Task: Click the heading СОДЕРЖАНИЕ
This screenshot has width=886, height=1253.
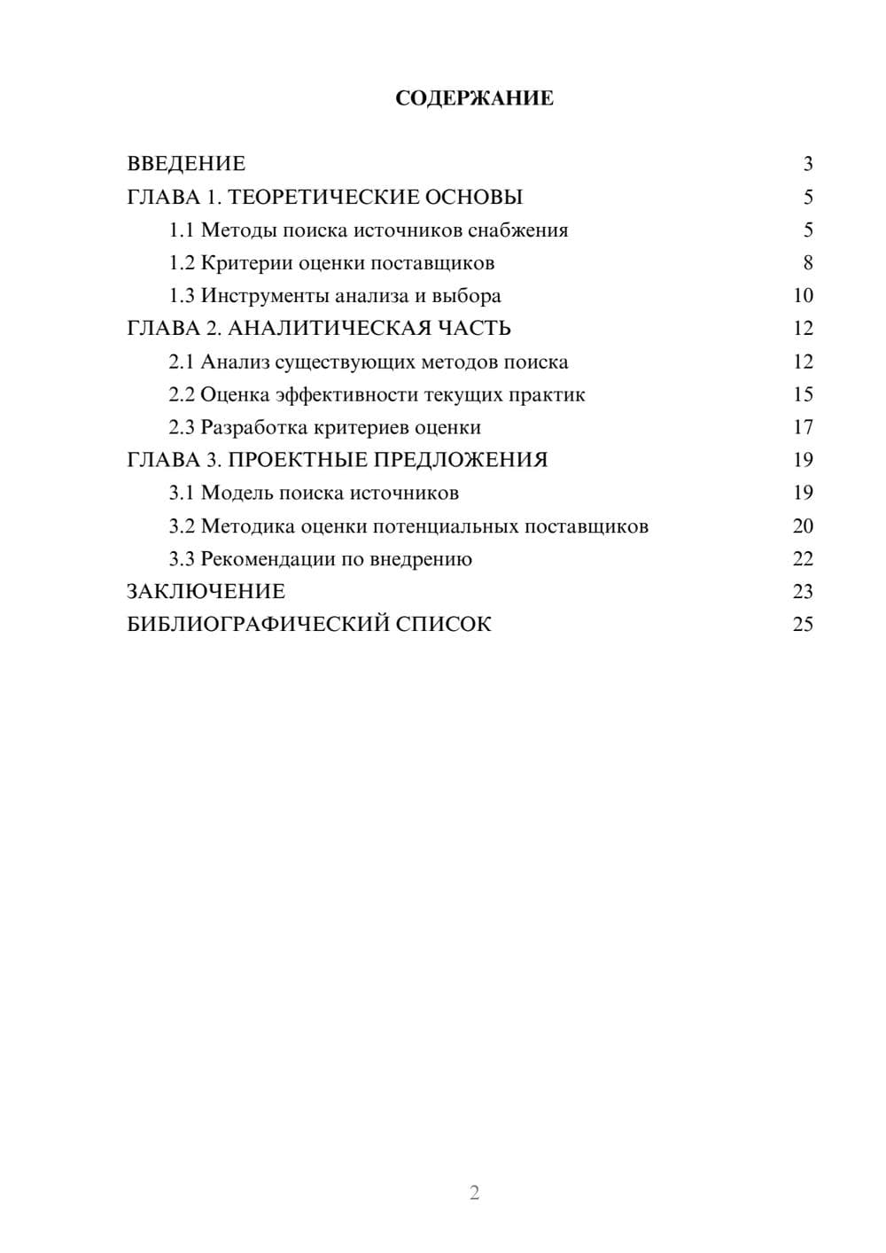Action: (474, 98)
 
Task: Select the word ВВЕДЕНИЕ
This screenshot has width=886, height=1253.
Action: (186, 164)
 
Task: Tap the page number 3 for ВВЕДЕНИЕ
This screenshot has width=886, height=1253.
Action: (807, 164)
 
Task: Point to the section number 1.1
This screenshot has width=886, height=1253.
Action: (182, 230)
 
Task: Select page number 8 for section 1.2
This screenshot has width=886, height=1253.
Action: (807, 263)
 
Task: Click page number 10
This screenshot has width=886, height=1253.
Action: (803, 296)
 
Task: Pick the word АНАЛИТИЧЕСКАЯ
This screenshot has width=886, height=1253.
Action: (328, 329)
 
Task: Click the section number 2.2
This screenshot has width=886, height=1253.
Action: (182, 394)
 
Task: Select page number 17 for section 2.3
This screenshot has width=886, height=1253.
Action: (803, 427)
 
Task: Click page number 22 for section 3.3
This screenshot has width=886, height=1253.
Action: (803, 559)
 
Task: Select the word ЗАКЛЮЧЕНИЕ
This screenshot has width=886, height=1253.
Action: (206, 592)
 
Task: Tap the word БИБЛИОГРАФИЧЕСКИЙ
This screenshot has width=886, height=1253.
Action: (258, 625)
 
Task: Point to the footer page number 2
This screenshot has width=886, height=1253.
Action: (474, 1193)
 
